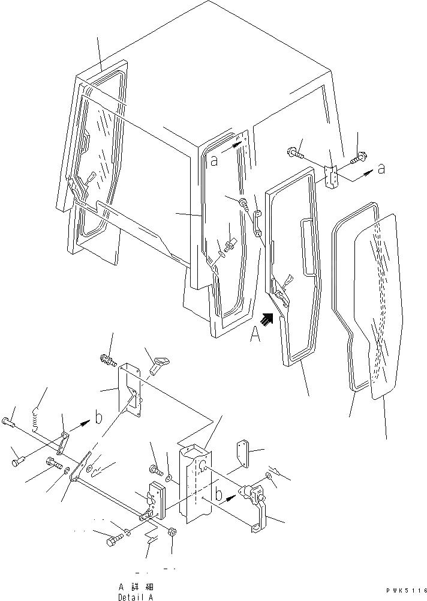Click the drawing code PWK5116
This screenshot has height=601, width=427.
pyautogui.click(x=401, y=591)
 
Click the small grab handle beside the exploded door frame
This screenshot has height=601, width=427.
pyautogui.click(x=258, y=223)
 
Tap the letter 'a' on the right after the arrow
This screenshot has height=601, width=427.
pyautogui.click(x=381, y=170)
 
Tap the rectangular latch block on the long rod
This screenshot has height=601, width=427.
pyautogui.click(x=154, y=500)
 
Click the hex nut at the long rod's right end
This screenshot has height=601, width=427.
pyautogui.click(x=173, y=532)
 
